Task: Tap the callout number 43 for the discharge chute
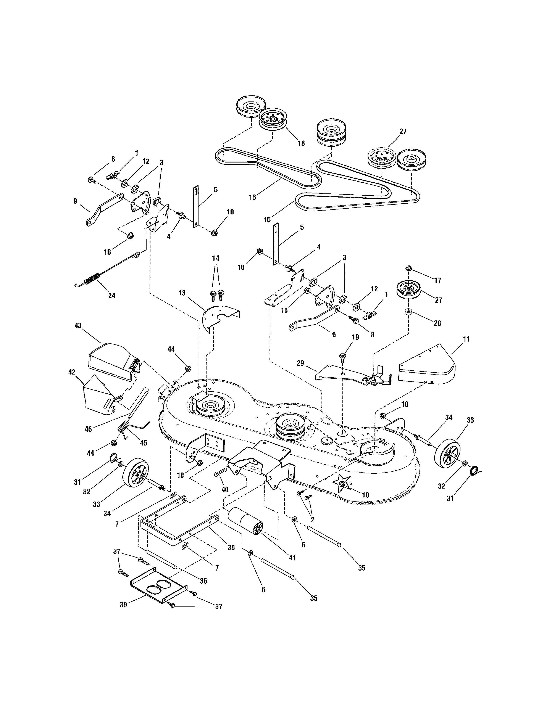click(x=78, y=326)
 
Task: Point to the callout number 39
click(x=123, y=605)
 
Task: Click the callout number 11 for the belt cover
click(x=466, y=339)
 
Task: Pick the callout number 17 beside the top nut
click(x=437, y=280)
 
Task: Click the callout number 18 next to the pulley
click(x=301, y=143)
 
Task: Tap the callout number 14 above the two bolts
click(x=216, y=258)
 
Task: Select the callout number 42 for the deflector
click(x=72, y=372)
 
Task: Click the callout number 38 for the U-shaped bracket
click(x=231, y=548)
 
